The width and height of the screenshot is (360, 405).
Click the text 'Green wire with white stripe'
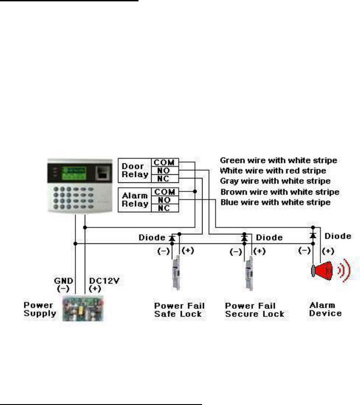(278, 160)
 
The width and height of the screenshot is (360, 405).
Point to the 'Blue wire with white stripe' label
(275, 203)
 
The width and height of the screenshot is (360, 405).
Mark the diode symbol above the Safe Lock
(172, 237)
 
